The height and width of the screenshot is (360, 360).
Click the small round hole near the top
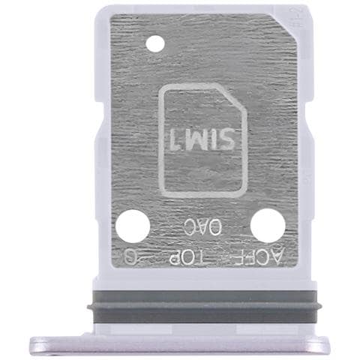(154, 45)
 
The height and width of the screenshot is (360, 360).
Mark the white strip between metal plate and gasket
(200, 281)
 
